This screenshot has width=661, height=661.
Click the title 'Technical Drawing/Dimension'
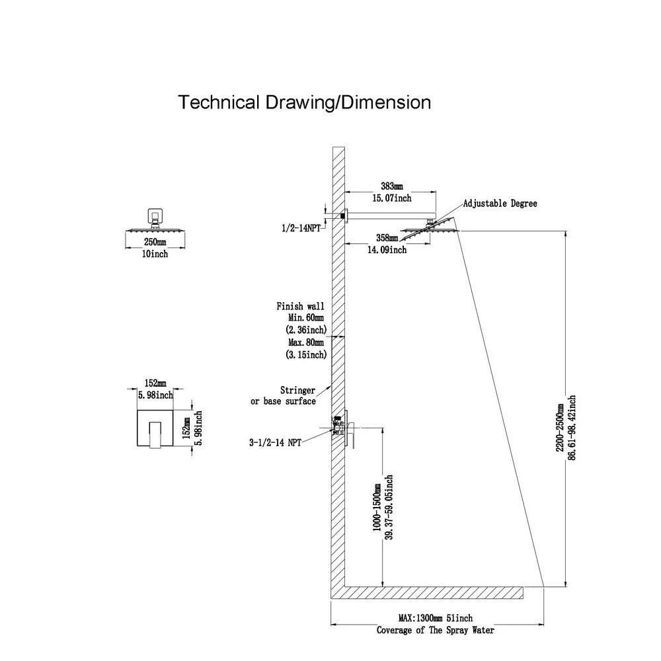(x=305, y=103)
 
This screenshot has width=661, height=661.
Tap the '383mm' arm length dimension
(x=392, y=186)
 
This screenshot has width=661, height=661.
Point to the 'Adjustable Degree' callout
(x=500, y=204)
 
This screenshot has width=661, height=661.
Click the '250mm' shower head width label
(x=155, y=242)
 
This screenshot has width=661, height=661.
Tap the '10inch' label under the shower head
(x=155, y=254)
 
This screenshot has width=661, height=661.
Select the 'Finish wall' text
(x=300, y=307)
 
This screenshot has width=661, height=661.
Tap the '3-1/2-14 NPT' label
(x=276, y=443)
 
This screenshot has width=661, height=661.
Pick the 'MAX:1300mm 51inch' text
(x=435, y=618)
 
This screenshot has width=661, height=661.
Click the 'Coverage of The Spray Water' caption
(x=435, y=630)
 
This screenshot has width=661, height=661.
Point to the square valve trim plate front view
(x=156, y=430)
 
